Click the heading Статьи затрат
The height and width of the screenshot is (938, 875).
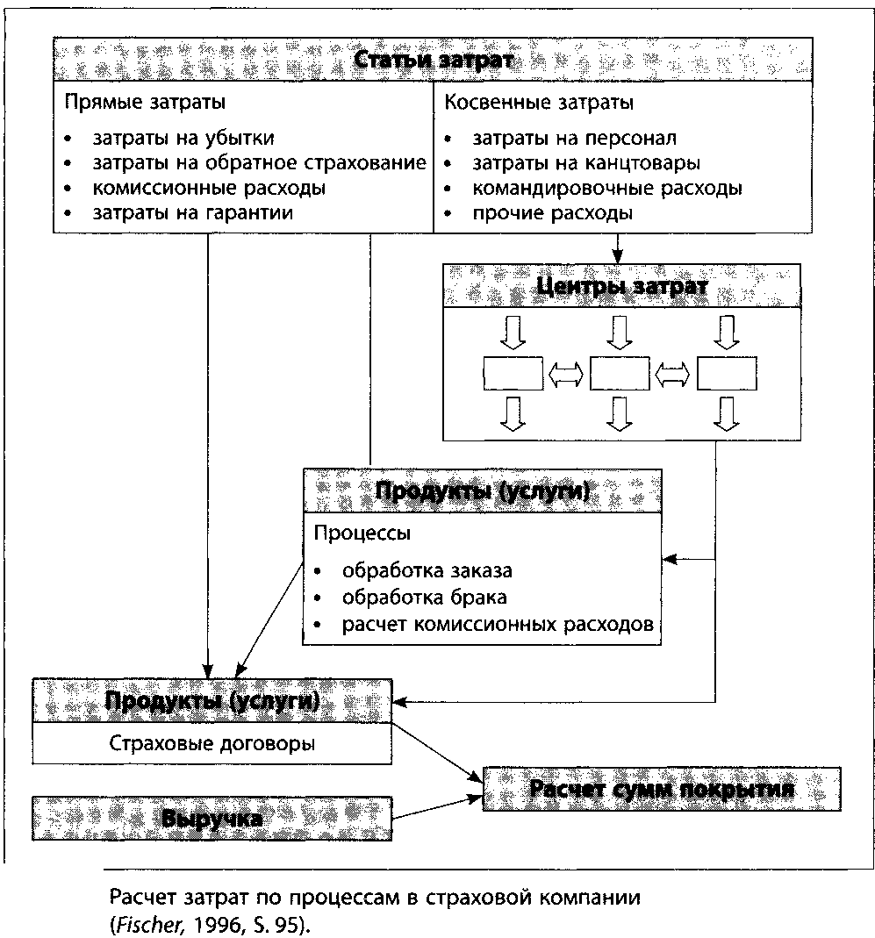(433, 61)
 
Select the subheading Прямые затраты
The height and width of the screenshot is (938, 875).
(145, 103)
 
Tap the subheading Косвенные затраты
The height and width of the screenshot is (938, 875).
(539, 103)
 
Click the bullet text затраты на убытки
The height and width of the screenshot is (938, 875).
(183, 139)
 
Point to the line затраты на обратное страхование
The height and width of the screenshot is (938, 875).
(259, 163)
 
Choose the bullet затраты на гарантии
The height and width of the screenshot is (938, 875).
(192, 212)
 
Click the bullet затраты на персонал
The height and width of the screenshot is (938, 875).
(574, 139)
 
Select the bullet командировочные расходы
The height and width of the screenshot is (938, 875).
(607, 188)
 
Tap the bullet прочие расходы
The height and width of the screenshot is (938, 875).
(552, 212)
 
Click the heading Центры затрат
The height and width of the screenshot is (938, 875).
(621, 287)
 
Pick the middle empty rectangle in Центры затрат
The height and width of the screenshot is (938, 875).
(620, 374)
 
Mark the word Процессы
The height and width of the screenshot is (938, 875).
(362, 533)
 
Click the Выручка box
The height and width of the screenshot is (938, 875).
(212, 818)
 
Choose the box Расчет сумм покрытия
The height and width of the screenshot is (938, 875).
(662, 789)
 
